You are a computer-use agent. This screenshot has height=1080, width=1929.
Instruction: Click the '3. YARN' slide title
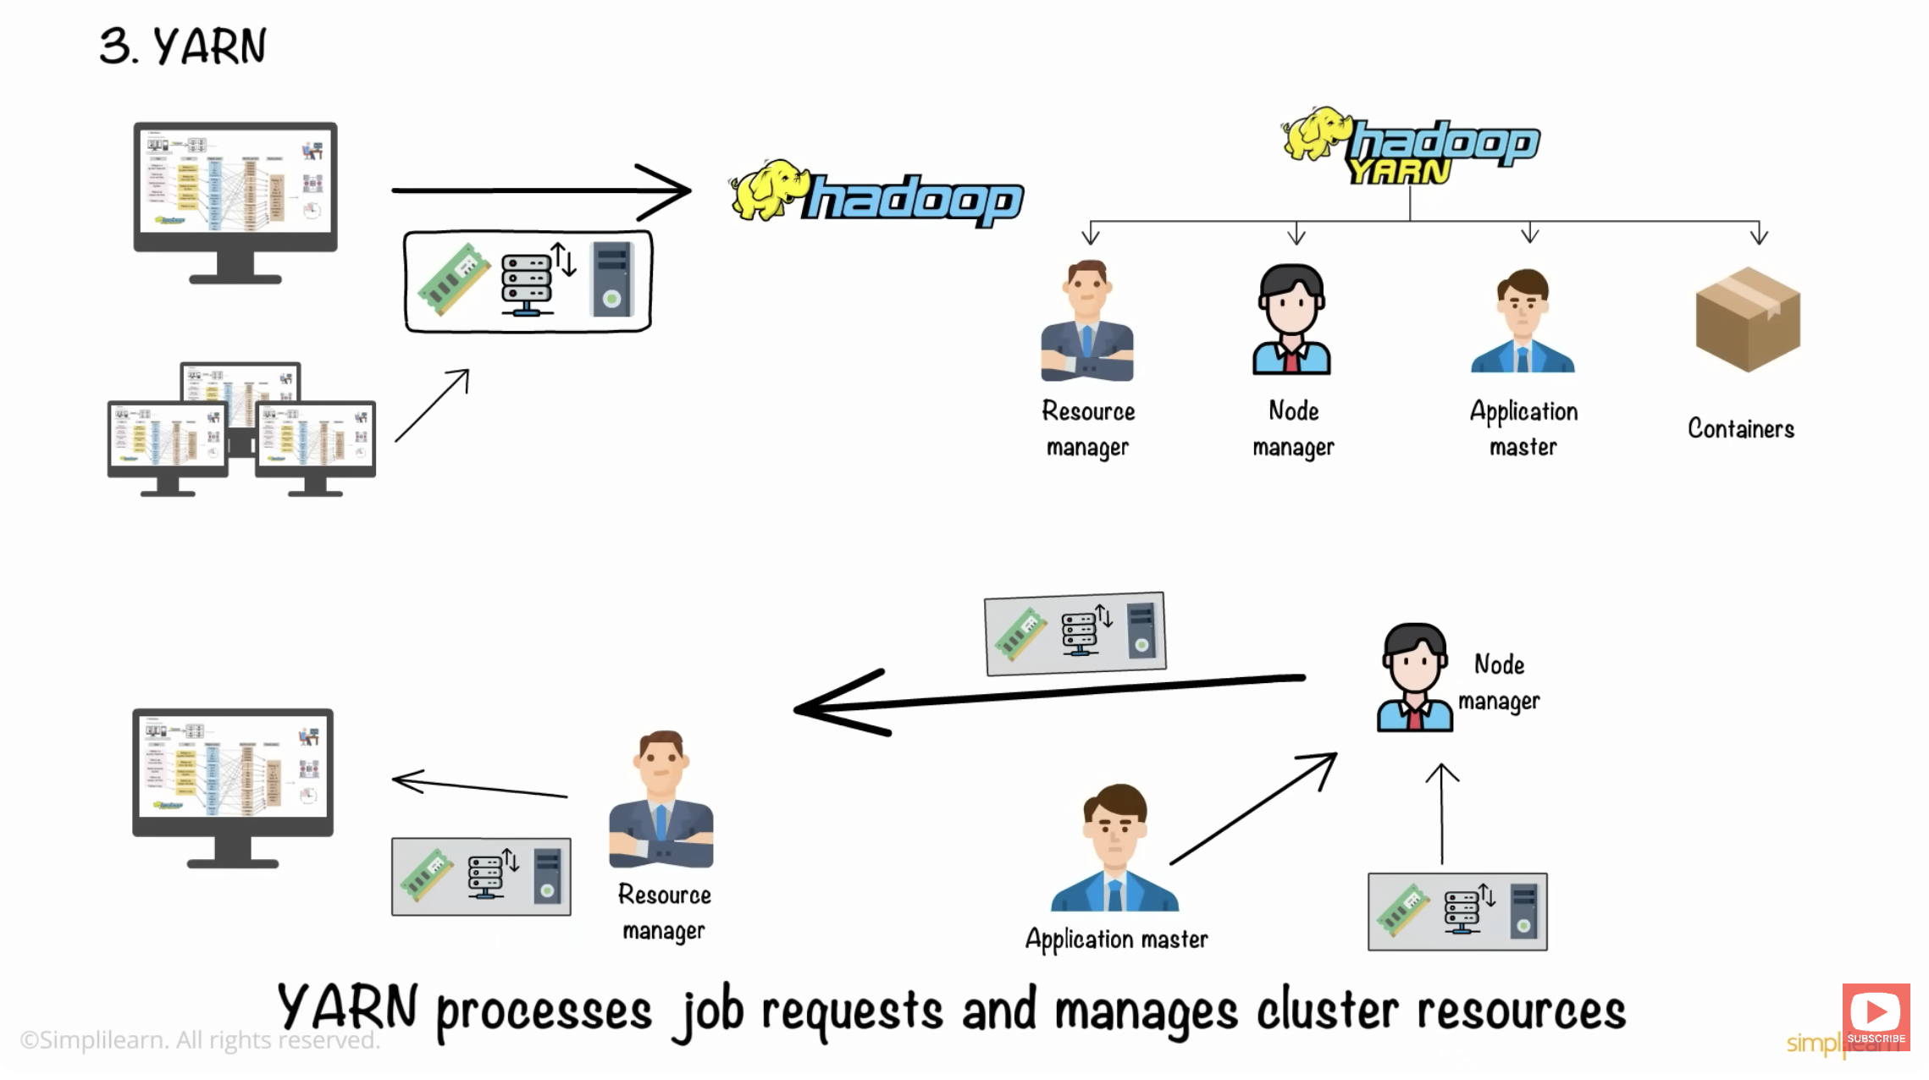point(182,46)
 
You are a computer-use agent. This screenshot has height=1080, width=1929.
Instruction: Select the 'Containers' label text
point(1740,428)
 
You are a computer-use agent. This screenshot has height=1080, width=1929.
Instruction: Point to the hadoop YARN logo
point(1411,146)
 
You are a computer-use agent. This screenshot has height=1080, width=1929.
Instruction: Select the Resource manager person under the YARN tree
point(1087,321)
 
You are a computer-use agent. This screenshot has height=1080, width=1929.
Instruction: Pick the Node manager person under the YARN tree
point(1291,319)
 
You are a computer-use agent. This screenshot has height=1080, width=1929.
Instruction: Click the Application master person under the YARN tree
point(1523,322)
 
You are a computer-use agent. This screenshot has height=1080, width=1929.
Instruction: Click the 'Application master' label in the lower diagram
point(1116,939)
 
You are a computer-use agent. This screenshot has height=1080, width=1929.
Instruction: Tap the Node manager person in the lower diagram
point(1414,677)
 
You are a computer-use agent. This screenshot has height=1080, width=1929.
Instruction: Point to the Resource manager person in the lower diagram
point(661,800)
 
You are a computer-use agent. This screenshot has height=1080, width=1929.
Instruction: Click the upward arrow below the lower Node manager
point(1441,813)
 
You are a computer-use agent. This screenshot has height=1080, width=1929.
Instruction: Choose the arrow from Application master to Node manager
point(1253,808)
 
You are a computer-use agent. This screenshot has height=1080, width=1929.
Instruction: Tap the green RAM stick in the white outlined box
point(454,278)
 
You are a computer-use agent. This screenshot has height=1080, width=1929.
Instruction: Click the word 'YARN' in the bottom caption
point(348,1008)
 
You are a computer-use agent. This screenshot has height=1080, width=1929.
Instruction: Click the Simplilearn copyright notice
point(200,1040)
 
